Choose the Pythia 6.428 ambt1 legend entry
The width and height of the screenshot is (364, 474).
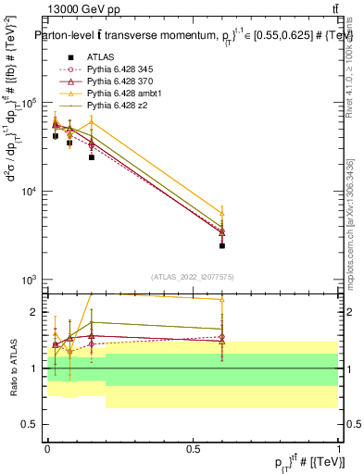[119, 94]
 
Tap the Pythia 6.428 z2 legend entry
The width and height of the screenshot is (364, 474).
[113, 106]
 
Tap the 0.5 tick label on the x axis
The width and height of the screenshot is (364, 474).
[194, 448]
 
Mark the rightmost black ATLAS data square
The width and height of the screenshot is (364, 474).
[222, 246]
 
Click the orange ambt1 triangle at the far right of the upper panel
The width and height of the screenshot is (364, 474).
[222, 213]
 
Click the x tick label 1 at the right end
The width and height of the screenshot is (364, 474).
[339, 448]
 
